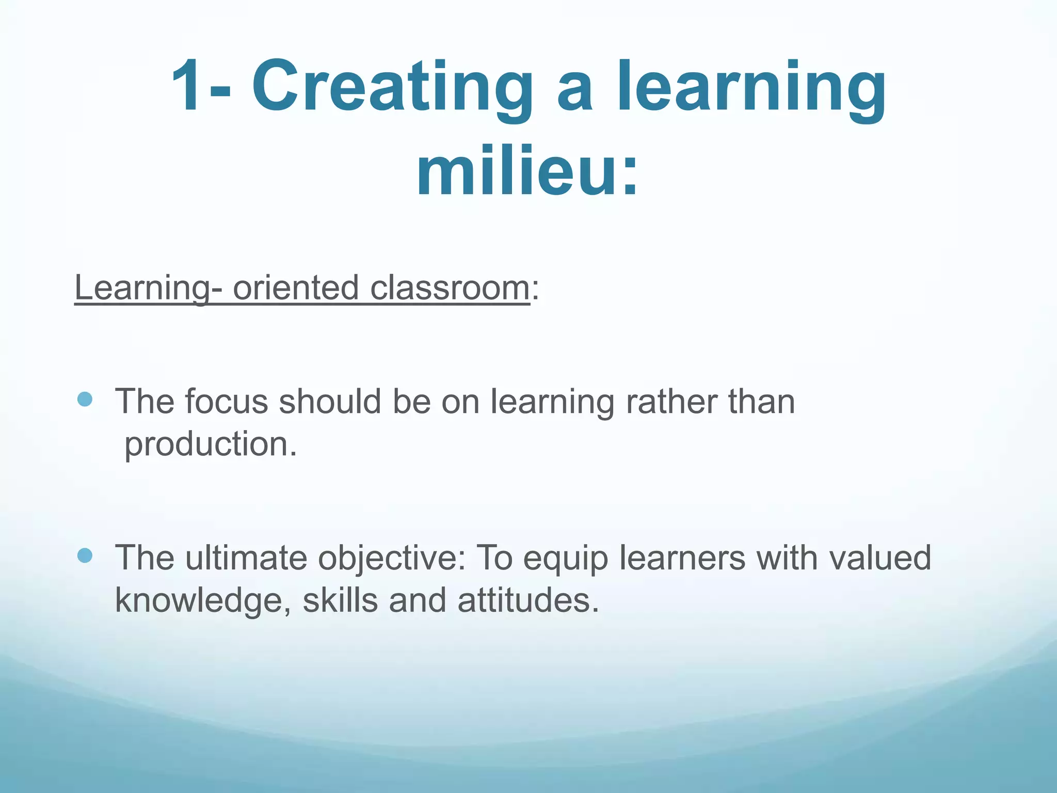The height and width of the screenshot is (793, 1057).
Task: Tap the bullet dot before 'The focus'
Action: coord(85,399)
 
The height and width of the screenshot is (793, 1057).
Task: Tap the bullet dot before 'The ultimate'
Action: coord(85,556)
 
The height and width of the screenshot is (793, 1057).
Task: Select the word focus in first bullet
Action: coord(227,402)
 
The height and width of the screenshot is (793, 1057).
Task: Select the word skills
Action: coord(340,600)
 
